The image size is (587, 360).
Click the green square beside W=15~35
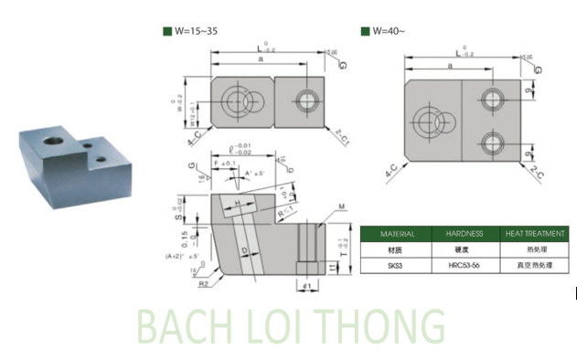point(167,32)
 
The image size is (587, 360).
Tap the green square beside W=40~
point(366,32)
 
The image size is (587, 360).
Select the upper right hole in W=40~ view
point(495,97)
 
